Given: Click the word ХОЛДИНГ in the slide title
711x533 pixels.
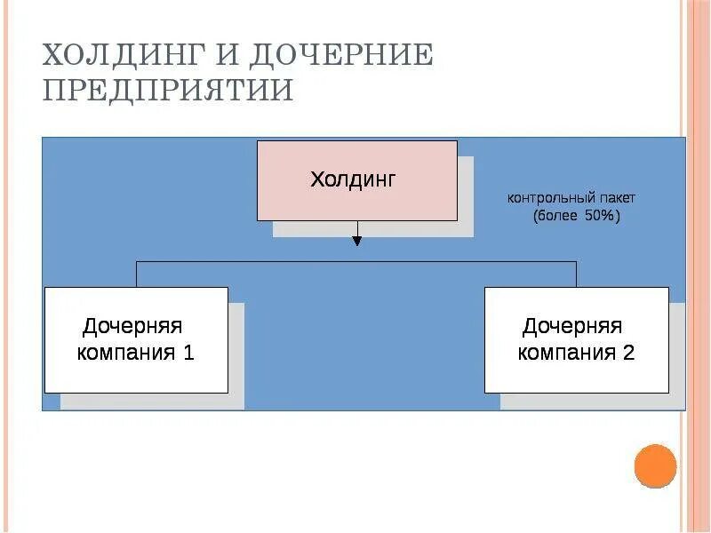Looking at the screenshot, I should [122, 56].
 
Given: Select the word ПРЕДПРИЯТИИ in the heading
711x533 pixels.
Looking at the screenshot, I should [168, 91].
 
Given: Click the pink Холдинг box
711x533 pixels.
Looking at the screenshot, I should [357, 180].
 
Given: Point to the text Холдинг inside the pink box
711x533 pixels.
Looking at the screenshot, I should [353, 179].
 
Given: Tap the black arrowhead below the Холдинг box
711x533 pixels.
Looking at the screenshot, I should [357, 240].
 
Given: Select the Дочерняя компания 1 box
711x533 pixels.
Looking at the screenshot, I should [136, 339].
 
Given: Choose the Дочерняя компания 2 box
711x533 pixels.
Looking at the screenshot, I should [576, 339].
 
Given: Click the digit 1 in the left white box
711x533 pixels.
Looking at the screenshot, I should [188, 353].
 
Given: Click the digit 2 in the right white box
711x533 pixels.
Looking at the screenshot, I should [628, 353].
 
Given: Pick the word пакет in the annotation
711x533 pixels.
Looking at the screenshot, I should [616, 198].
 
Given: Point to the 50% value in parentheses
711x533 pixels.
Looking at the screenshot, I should [597, 216].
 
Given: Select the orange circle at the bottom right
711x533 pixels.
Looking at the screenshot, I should [655, 466].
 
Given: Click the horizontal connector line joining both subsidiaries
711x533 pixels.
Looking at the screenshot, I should [267, 261].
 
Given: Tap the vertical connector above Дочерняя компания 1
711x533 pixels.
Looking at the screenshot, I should [136, 274].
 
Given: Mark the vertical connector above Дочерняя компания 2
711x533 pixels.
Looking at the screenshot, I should [576, 274].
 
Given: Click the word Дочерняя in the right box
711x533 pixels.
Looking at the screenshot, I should [572, 326].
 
